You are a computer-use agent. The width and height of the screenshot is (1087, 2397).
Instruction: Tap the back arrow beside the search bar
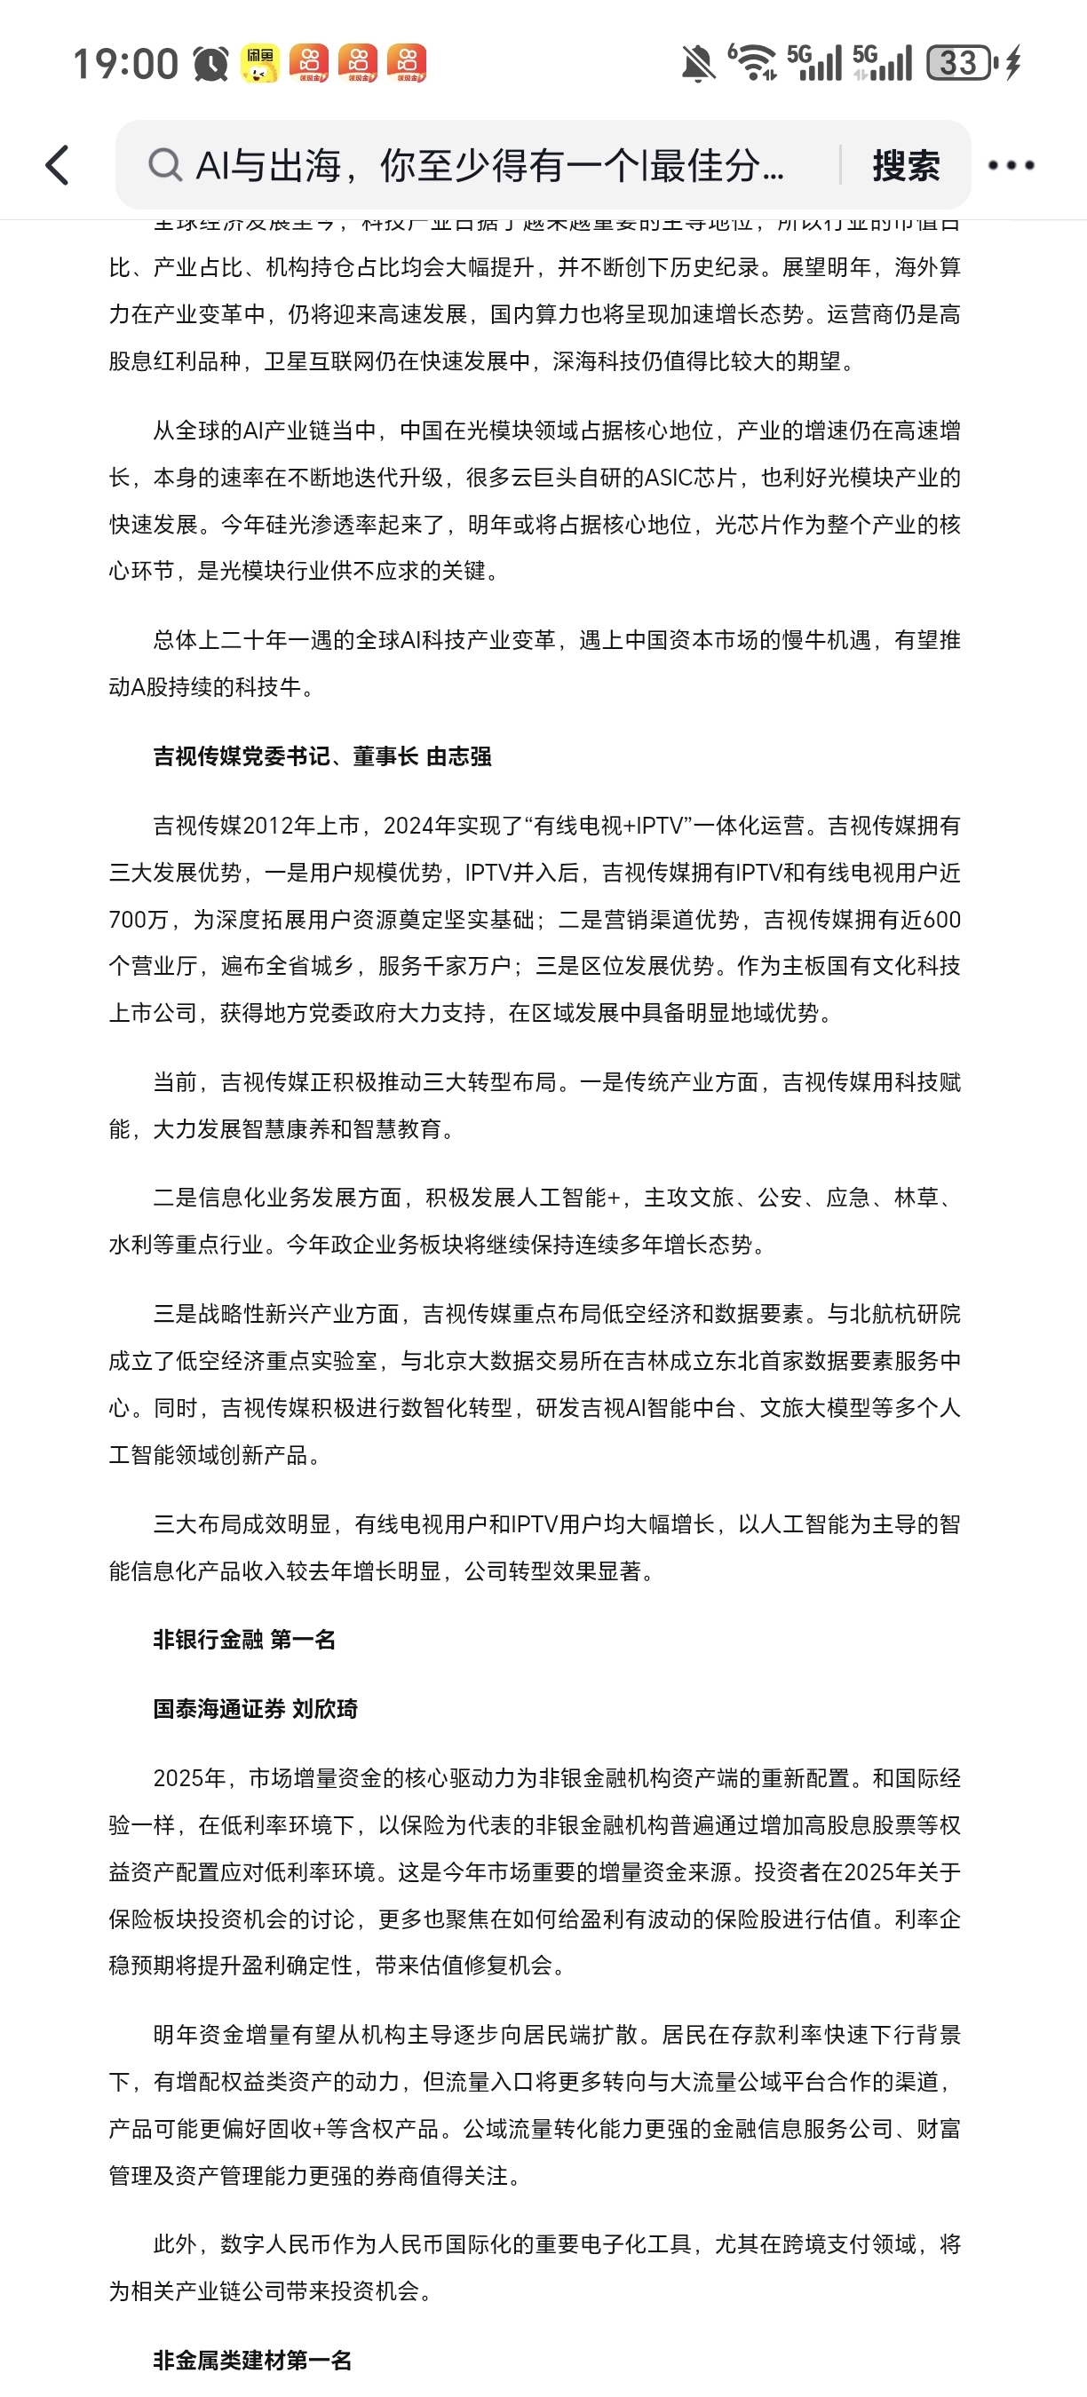click(58, 166)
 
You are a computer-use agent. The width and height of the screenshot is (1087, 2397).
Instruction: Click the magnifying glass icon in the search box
click(164, 165)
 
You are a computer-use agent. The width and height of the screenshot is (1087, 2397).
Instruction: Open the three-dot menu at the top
click(1011, 166)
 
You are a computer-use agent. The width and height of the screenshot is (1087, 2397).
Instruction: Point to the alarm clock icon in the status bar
click(211, 63)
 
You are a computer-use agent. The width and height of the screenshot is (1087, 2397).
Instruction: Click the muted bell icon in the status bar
click(697, 63)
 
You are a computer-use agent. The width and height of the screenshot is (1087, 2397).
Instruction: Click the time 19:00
click(124, 63)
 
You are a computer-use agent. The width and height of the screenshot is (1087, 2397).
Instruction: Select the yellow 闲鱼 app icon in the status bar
click(259, 63)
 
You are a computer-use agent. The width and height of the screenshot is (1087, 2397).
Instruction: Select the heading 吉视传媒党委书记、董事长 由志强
click(322, 756)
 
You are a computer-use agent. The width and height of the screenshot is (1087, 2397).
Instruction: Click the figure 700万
click(139, 920)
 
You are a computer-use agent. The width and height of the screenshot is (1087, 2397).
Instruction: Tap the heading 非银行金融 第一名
click(244, 1640)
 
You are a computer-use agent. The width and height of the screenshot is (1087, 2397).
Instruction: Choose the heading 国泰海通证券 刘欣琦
click(255, 1708)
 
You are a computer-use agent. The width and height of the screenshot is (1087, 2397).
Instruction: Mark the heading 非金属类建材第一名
click(252, 2361)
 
